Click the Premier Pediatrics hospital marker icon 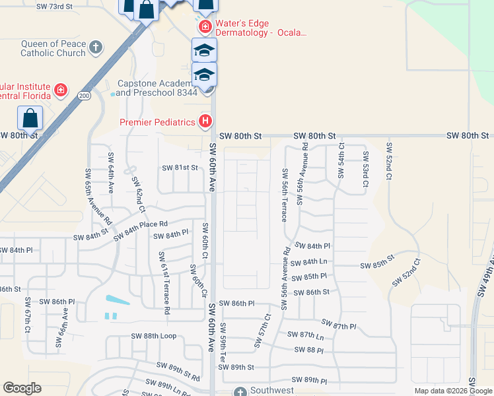(x=205, y=121)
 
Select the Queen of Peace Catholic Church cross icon (x=96, y=47)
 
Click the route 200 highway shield (x=83, y=95)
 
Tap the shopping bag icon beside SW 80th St (x=30, y=119)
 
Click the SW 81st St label (x=180, y=168)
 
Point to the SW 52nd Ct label (x=390, y=162)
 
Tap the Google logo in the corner (x=22, y=388)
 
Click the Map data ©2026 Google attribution (x=453, y=391)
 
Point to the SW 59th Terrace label (x=223, y=342)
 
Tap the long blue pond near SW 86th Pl (x=116, y=300)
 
